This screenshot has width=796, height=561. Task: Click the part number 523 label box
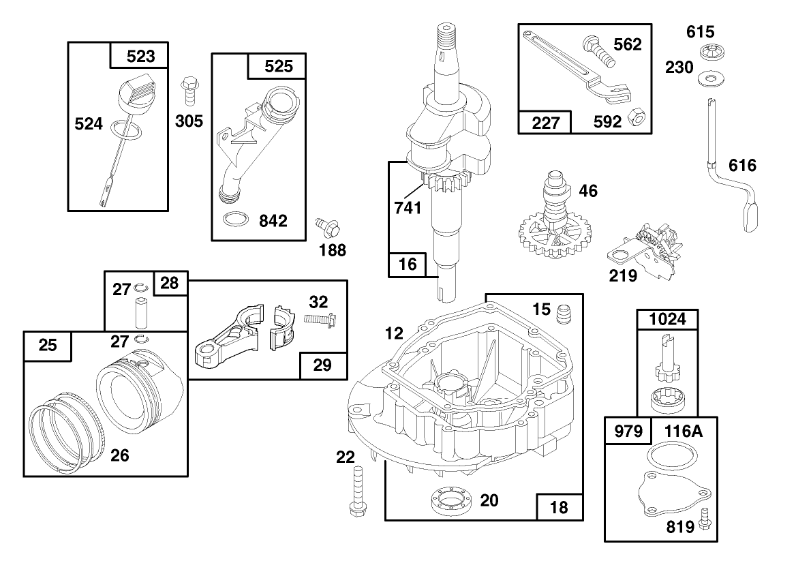(140, 56)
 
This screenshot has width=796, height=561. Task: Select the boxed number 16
(408, 264)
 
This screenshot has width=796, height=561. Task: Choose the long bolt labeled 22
(356, 491)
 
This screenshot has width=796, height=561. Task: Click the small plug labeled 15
(563, 315)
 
